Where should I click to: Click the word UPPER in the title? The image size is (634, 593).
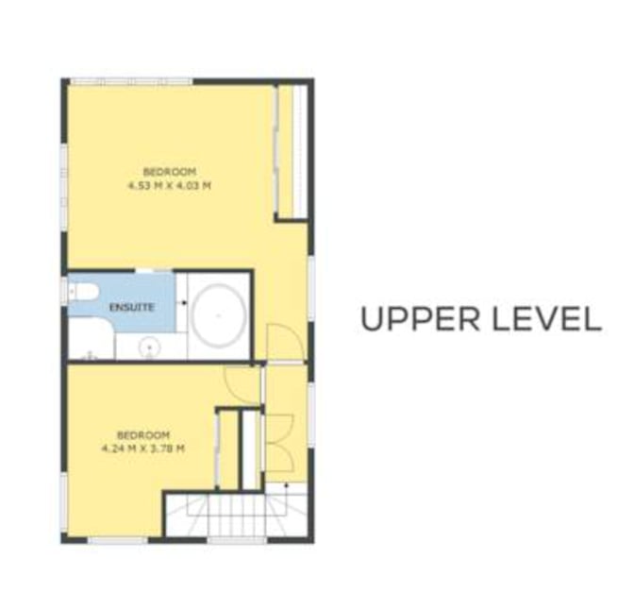point(420,319)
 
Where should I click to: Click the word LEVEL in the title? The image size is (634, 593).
point(546,319)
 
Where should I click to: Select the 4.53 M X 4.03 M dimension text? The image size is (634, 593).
point(170,186)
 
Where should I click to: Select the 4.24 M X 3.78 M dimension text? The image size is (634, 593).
point(143,449)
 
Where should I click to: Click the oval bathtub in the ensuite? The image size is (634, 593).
point(219,315)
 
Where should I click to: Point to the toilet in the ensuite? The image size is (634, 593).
point(83,291)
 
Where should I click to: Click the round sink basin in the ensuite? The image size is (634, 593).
point(150,347)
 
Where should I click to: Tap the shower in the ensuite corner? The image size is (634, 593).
point(92,339)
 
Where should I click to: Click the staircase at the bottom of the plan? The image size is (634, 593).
point(237,515)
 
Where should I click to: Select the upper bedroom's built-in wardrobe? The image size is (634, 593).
point(291,152)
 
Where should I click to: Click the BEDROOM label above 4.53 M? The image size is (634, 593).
point(170,172)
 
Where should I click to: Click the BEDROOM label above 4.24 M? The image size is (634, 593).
point(143,435)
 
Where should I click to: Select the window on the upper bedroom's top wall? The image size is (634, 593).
point(131,82)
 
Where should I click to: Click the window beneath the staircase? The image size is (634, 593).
point(238,540)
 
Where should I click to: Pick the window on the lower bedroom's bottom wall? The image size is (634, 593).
point(118,540)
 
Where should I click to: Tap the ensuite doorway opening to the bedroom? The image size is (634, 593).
point(154,270)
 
